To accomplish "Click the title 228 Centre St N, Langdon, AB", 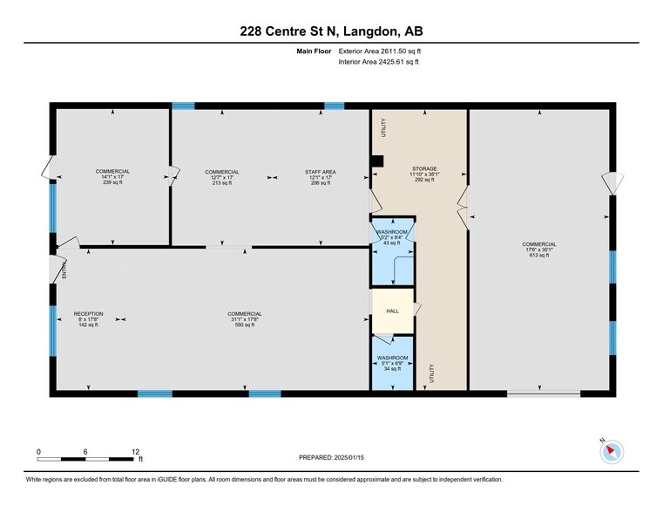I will (332, 31).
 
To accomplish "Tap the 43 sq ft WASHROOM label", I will (392, 237).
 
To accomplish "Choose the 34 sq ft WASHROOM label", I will (392, 363).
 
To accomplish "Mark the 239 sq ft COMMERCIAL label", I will (112, 176).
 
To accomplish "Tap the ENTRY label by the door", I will (64, 271).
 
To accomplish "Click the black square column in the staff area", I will (376, 161).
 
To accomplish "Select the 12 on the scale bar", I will (135, 451).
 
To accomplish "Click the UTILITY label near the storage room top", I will (382, 127).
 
